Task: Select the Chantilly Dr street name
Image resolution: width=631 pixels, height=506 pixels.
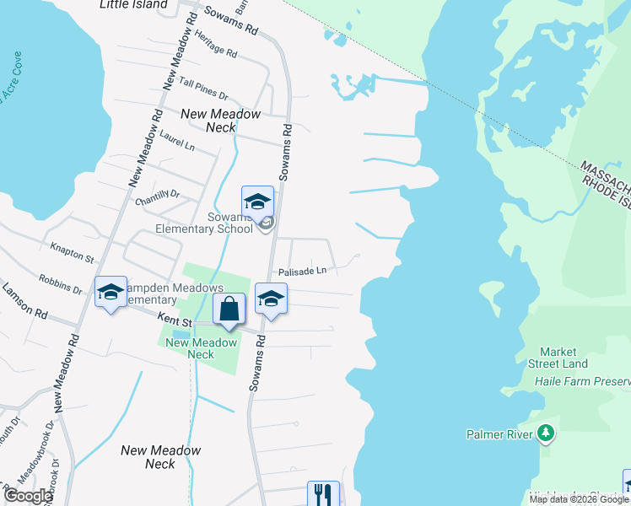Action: point(158,198)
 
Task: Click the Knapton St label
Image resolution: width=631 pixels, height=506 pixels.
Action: point(72,250)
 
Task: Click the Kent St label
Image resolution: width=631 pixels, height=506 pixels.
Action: point(173,320)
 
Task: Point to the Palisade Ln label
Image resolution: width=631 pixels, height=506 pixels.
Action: point(303,271)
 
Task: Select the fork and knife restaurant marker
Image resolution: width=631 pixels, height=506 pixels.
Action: point(322,493)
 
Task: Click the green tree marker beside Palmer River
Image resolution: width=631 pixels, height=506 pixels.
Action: point(546,433)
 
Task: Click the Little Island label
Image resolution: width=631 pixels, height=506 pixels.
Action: point(133,4)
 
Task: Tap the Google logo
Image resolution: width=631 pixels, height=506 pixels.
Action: point(28,496)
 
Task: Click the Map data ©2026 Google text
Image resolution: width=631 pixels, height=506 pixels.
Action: point(579,499)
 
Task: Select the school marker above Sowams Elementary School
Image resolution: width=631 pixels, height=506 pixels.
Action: point(257,202)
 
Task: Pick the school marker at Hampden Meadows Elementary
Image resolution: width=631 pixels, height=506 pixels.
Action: point(110,292)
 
